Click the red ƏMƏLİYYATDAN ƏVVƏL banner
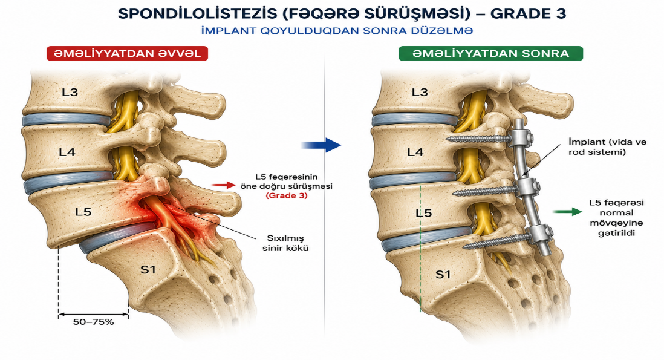click(x=127, y=53)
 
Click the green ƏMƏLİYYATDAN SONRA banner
click(x=490, y=53)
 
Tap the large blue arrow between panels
click(x=321, y=145)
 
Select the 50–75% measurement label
click(x=93, y=322)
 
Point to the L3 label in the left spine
click(x=70, y=92)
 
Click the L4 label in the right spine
click(x=415, y=152)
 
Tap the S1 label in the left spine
click(x=148, y=269)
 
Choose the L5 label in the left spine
click(x=83, y=212)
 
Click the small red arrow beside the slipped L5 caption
click(x=223, y=185)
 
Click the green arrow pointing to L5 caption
click(x=568, y=212)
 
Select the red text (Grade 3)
click(x=287, y=195)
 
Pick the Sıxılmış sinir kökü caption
click(x=285, y=243)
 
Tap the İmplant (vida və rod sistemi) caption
click(x=607, y=147)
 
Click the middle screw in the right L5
click(x=485, y=192)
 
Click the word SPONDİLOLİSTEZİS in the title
click(x=197, y=13)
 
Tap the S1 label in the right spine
click(x=443, y=275)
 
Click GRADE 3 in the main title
click(x=528, y=13)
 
